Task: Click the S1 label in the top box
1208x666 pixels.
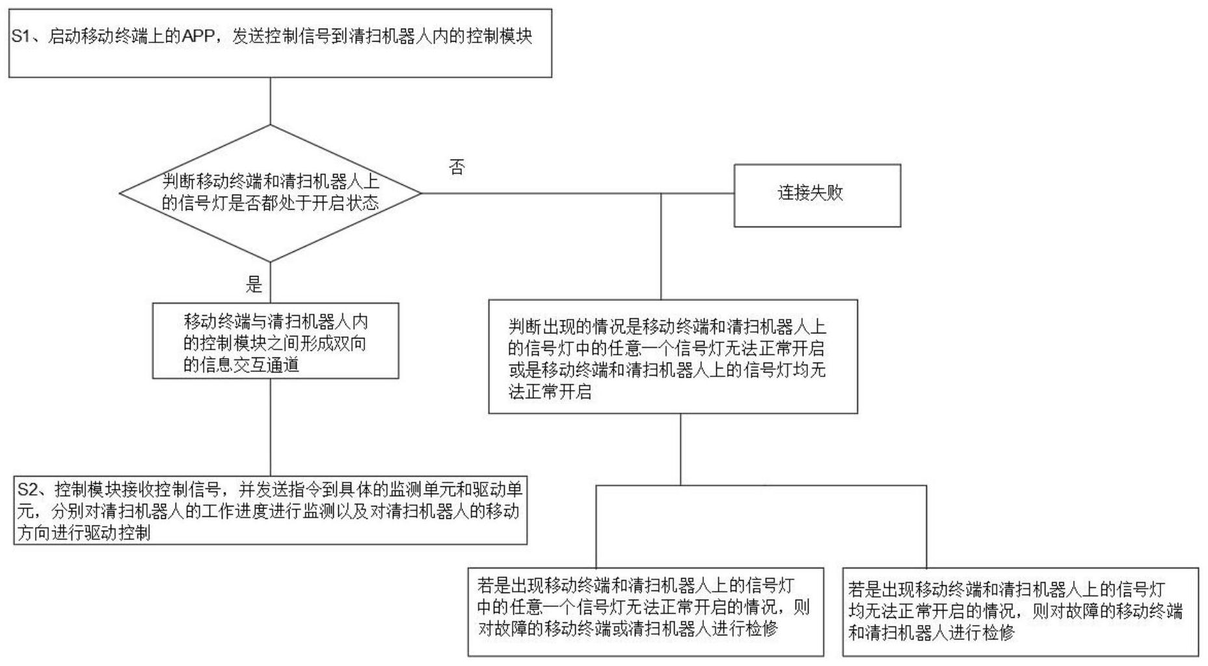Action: pyautogui.click(x=20, y=36)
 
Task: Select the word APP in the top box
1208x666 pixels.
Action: pyautogui.click(x=198, y=36)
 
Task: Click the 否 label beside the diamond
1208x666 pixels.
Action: pyautogui.click(x=457, y=167)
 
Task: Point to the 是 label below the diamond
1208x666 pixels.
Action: pyautogui.click(x=254, y=284)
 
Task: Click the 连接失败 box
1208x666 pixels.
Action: pyautogui.click(x=817, y=195)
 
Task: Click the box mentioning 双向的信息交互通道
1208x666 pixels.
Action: pyautogui.click(x=276, y=340)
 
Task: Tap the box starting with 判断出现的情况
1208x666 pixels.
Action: pyautogui.click(x=673, y=356)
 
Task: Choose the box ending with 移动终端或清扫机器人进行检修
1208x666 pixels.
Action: pyautogui.click(x=645, y=611)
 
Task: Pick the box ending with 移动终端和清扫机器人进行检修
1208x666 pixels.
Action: pyautogui.click(x=1020, y=611)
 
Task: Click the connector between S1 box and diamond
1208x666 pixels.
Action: pyautogui.click(x=271, y=101)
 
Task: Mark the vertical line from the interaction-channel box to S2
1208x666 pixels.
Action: pyautogui.click(x=271, y=427)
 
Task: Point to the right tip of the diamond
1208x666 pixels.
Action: pyautogui.click(x=422, y=193)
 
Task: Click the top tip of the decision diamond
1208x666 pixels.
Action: pyautogui.click(x=271, y=125)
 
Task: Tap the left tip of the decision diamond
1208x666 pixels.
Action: pyautogui.click(x=120, y=193)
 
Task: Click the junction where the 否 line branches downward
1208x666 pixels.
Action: pyautogui.click(x=661, y=193)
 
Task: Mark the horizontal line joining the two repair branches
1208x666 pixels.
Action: pyautogui.click(x=761, y=485)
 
